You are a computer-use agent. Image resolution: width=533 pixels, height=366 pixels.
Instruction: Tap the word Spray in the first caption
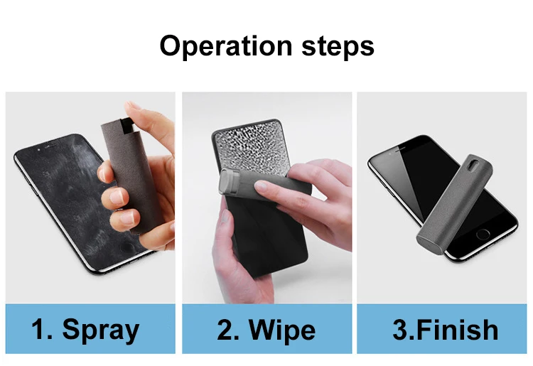[x=100, y=330]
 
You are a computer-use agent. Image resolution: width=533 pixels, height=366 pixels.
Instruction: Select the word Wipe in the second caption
[x=282, y=330]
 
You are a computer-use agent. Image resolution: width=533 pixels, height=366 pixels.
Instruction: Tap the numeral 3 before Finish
[x=401, y=330]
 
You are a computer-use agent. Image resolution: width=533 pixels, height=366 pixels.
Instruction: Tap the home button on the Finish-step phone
[x=483, y=234]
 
